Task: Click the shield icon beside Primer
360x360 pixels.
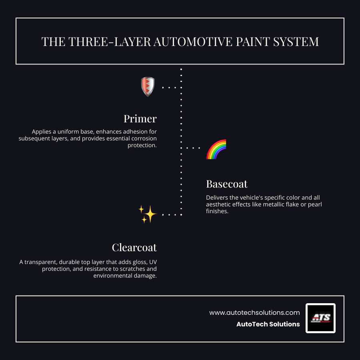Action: click(148, 87)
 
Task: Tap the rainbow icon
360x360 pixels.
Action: click(216, 149)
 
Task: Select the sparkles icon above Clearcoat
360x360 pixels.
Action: click(148, 214)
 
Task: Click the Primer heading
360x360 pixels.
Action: click(140, 119)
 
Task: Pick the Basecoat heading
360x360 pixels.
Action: click(227, 184)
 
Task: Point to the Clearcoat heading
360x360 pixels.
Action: click(134, 248)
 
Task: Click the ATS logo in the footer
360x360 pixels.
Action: click(320, 318)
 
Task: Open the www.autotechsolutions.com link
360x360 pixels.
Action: click(254, 312)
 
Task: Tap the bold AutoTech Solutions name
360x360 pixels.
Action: click(268, 324)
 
